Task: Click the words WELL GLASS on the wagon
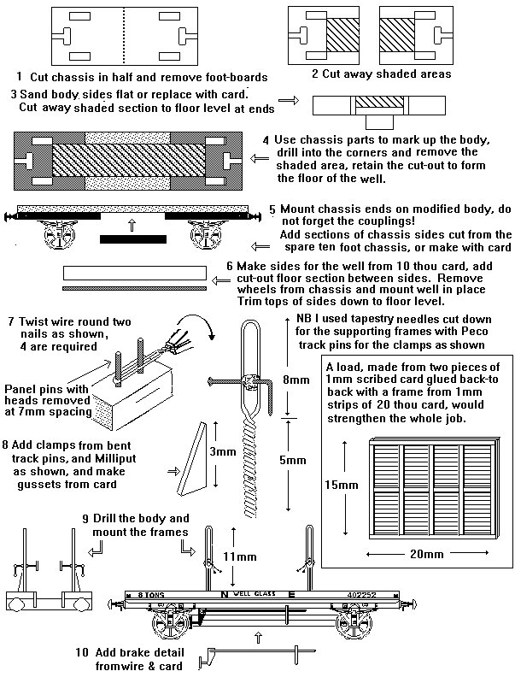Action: point(249,592)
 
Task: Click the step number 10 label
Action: point(82,652)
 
